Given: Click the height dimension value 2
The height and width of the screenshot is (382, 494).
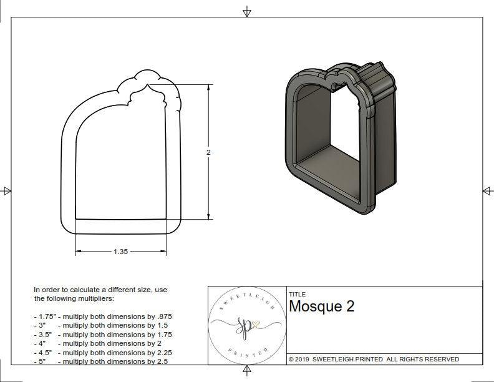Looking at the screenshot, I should tap(208, 152).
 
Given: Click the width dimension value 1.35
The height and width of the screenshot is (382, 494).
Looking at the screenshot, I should tap(120, 252).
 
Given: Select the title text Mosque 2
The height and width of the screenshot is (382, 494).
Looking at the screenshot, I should tap(321, 307).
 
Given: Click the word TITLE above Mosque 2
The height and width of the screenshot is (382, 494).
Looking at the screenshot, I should tap(297, 294).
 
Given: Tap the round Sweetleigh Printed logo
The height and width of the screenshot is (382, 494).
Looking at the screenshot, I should tap(246, 325).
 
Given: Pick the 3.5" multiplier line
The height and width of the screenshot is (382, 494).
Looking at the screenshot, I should tap(103, 335).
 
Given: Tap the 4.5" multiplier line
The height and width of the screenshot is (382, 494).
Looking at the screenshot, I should tap(103, 352).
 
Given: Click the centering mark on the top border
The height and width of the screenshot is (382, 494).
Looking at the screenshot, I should tap(247, 11).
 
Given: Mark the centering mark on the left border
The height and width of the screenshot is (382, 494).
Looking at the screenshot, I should tap(6, 191).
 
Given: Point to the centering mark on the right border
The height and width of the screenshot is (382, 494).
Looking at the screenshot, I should tap(488, 191).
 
